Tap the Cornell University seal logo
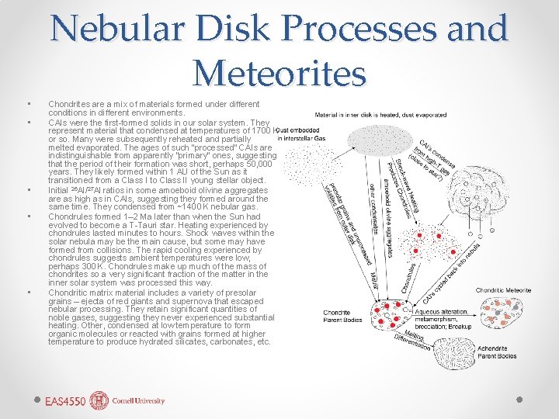99,400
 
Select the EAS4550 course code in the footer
64,401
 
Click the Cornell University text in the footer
138,401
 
